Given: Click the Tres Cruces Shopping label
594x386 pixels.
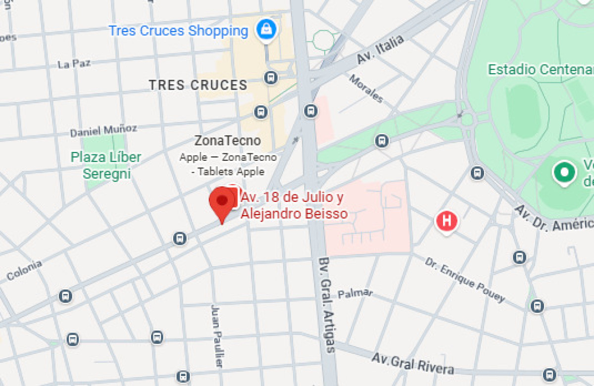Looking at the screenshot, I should point(178,31).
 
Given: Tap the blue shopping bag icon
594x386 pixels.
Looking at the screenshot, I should point(267,30).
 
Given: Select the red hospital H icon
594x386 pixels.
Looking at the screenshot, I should point(446,220).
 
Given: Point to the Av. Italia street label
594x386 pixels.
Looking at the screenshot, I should point(380,49).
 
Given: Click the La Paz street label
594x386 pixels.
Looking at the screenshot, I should point(74,64).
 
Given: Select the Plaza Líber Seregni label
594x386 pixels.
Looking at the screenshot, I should point(106,165).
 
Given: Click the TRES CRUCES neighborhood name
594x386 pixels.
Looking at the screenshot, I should point(198,85).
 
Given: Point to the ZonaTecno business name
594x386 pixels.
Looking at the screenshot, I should point(227,141).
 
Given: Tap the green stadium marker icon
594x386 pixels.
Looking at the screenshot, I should point(564,172).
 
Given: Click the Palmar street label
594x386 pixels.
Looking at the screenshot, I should point(355,293).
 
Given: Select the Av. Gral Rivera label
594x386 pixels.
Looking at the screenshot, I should point(412,364).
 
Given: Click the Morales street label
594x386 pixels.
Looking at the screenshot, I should point(366,89).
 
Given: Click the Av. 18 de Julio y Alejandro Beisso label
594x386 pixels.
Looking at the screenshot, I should point(294,205).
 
